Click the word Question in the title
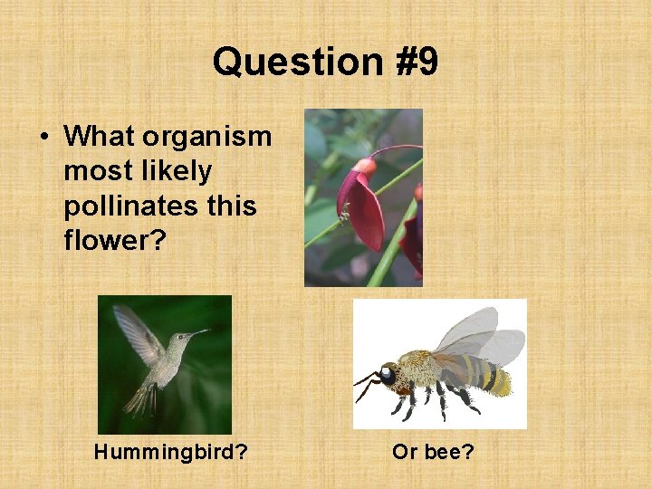[x=285, y=62]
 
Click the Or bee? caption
[x=433, y=451]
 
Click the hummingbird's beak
[x=198, y=333]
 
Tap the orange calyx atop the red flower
[x=364, y=168]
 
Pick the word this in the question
[x=232, y=206]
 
